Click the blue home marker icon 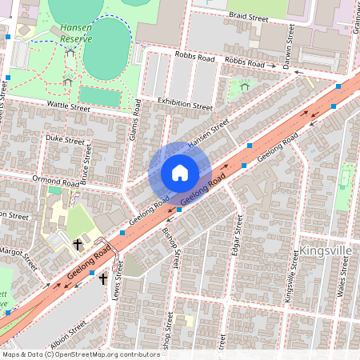click(x=180, y=173)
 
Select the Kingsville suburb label click(x=326, y=250)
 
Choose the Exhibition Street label click(x=185, y=104)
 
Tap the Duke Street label click(x=64, y=138)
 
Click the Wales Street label click(x=342, y=280)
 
